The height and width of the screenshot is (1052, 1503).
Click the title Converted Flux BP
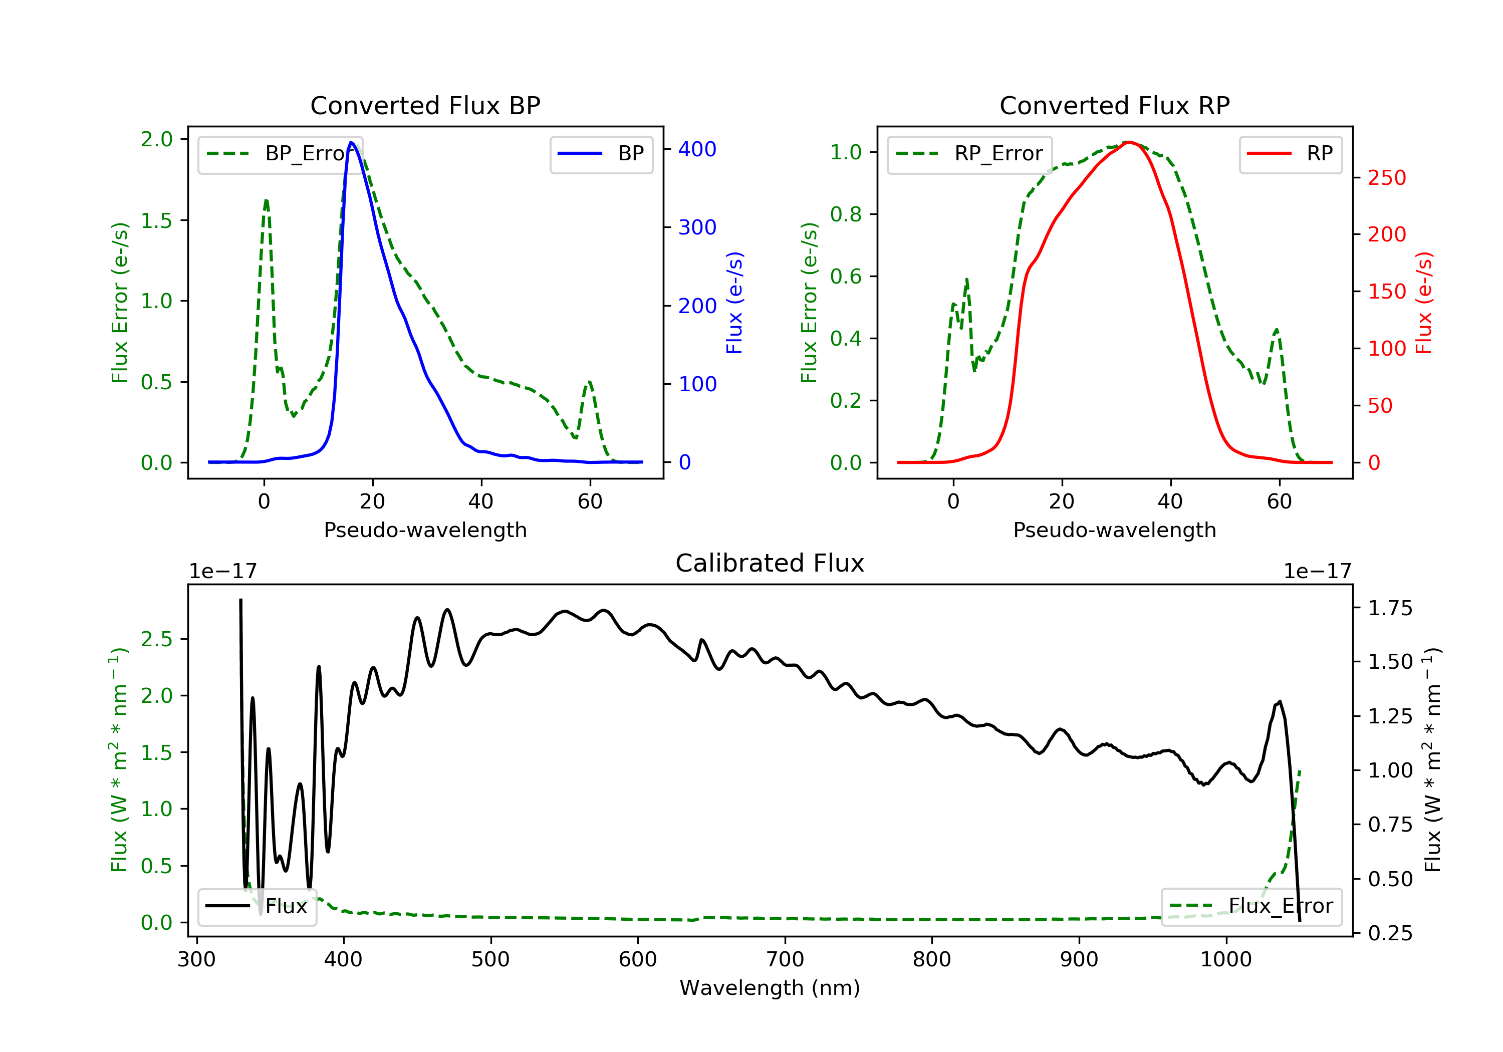(425, 105)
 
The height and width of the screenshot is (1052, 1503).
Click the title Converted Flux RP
(1115, 105)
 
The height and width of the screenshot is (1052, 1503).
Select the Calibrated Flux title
(770, 563)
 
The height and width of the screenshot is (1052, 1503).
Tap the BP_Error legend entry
(280, 154)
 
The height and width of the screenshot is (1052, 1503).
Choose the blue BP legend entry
(601, 154)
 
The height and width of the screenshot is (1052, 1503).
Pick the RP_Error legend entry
(969, 154)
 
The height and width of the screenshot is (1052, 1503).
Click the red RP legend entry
(1290, 154)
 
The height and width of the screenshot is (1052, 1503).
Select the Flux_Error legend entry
(1251, 906)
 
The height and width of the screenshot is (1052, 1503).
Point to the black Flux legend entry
(257, 906)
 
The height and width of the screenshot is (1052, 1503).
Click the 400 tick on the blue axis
(697, 149)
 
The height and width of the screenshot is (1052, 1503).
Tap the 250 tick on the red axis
(1386, 177)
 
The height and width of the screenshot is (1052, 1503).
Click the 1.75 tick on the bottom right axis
(1390, 608)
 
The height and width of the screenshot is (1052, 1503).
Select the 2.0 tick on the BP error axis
(156, 139)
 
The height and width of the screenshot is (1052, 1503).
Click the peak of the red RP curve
(1128, 142)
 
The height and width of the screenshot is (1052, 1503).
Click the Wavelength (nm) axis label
(770, 988)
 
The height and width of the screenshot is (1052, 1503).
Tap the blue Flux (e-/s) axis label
(734, 303)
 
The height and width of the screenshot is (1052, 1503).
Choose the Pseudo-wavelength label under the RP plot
(1115, 530)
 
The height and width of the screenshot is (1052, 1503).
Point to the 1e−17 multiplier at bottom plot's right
(1318, 572)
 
